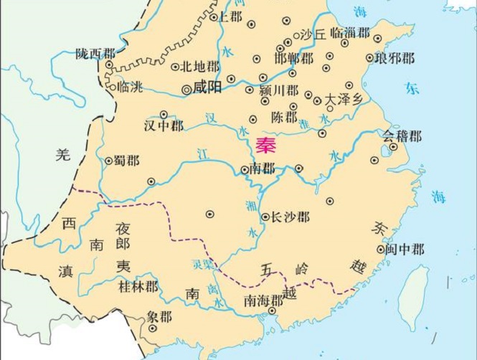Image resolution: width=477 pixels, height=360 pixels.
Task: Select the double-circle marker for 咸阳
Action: (x=186, y=90)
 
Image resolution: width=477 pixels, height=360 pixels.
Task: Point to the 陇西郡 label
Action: (x=95, y=54)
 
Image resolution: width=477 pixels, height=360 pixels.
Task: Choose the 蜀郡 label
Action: (x=126, y=161)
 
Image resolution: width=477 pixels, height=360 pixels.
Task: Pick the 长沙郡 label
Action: (x=291, y=217)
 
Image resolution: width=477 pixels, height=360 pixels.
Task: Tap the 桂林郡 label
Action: (x=136, y=287)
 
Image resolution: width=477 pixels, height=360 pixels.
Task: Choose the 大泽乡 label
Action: (x=344, y=98)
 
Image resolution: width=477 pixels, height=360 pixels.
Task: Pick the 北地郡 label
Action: (x=199, y=67)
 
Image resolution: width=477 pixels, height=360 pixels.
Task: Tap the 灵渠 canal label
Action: (x=203, y=264)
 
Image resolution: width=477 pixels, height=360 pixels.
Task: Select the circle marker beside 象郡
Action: (x=152, y=328)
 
